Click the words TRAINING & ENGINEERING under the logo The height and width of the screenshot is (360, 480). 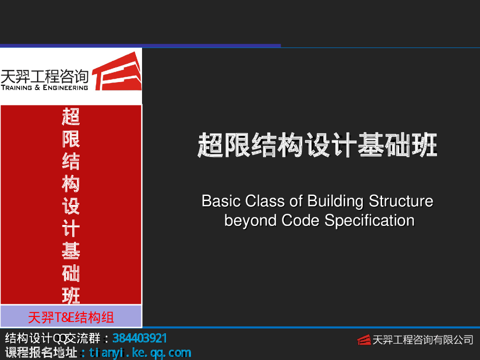pos(45,87)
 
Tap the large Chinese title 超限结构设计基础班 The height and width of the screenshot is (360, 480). pos(317,145)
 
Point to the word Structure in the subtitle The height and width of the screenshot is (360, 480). pos(401,201)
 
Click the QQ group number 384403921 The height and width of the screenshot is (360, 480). pos(140,338)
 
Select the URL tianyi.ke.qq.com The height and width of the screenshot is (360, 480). pos(140,352)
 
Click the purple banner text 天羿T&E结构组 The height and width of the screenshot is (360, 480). pos(71,317)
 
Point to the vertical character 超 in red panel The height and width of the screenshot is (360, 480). pos(71,116)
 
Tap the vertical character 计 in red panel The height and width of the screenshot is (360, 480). pos(71,229)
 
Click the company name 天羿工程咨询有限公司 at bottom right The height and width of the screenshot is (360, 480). pos(422,340)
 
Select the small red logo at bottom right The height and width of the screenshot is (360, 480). pos(364,340)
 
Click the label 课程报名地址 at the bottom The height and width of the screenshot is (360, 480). pos(41,352)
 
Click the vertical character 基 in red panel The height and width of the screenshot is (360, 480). pos(71,251)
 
